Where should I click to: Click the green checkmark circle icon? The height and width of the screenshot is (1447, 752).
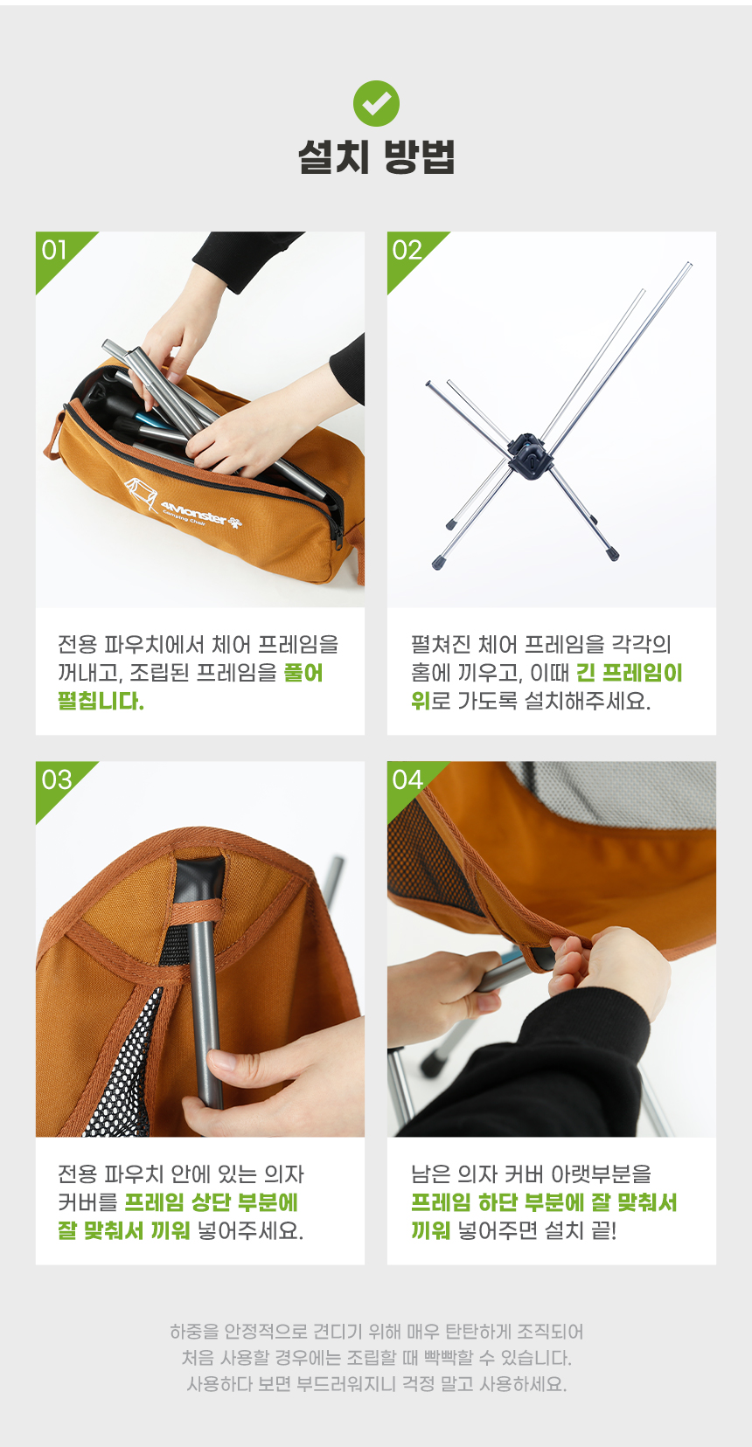pyautogui.click(x=376, y=103)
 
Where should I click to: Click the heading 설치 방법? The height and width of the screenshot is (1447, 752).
pyautogui.click(x=376, y=157)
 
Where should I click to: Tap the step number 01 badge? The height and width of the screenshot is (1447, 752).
pyautogui.click(x=54, y=250)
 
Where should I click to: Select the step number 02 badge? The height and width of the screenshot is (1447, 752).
pyautogui.click(x=407, y=250)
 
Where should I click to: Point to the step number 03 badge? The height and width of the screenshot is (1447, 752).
pyautogui.click(x=56, y=779)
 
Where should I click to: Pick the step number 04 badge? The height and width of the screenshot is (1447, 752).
pyautogui.click(x=407, y=779)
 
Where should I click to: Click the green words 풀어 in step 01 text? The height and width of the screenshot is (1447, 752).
pyautogui.click(x=303, y=673)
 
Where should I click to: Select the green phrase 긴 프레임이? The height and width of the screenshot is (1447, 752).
pyautogui.click(x=629, y=673)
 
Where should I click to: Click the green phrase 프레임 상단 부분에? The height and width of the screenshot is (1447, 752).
pyautogui.click(x=211, y=1202)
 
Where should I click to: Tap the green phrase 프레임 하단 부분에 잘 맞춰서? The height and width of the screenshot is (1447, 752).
pyautogui.click(x=544, y=1202)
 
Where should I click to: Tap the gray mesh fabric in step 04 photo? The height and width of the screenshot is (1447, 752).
pyautogui.click(x=621, y=794)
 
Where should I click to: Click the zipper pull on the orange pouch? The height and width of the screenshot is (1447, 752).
pyautogui.click(x=337, y=528)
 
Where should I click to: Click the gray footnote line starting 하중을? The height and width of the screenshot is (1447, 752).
pyautogui.click(x=376, y=1332)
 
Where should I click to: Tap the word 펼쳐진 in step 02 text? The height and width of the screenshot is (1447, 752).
pyautogui.click(x=441, y=644)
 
